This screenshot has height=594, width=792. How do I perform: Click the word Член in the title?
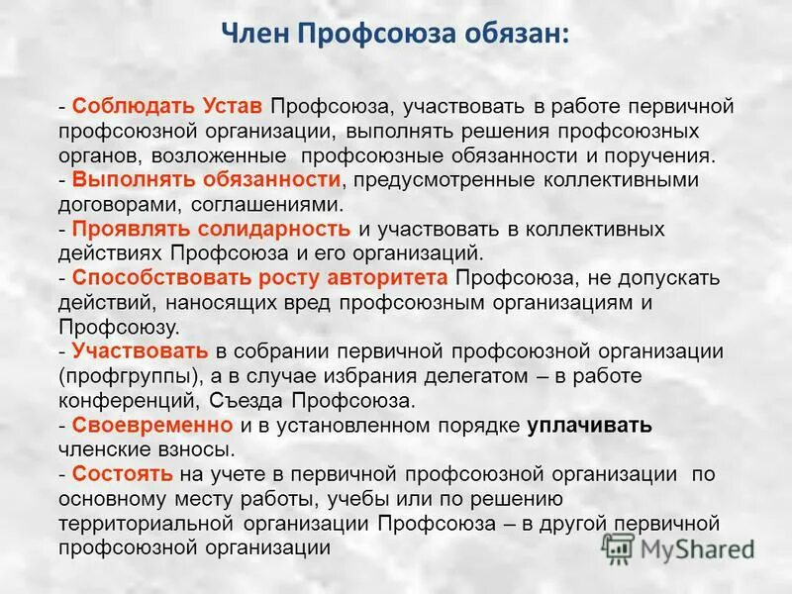(255, 36)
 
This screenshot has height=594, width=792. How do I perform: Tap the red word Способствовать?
(147, 277)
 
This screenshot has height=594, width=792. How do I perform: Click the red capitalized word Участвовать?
(140, 350)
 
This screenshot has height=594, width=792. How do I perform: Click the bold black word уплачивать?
(590, 425)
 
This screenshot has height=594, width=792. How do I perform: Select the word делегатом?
(440, 376)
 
